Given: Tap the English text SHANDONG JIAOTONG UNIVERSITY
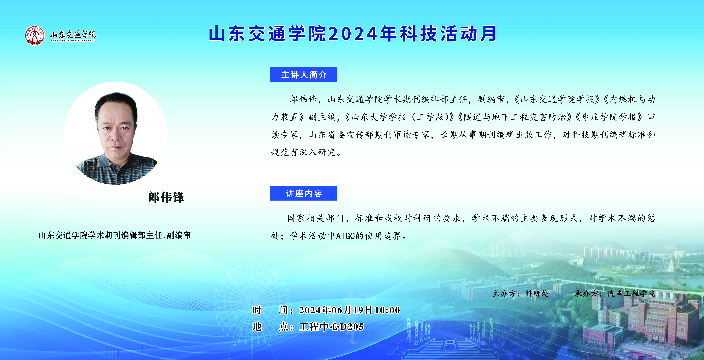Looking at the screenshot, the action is pos(73,40).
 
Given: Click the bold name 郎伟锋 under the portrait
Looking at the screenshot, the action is pos(166,197).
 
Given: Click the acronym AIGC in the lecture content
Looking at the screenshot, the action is pos(345,236).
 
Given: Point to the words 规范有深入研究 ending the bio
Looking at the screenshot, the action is pos(303,152).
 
